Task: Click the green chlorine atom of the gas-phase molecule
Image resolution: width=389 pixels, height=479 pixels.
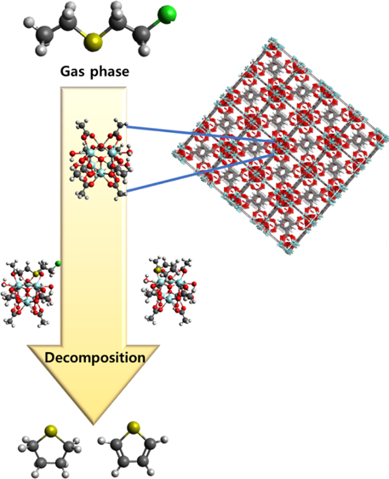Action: click(x=167, y=14)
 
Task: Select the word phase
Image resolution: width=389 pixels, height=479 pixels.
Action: click(x=110, y=72)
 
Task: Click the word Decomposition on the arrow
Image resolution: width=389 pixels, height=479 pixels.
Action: click(x=94, y=357)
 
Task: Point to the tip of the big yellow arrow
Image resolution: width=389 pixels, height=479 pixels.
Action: click(x=94, y=424)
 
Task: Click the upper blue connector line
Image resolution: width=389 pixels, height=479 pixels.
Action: click(x=200, y=134)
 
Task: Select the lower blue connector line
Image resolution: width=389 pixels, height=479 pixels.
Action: click(x=200, y=173)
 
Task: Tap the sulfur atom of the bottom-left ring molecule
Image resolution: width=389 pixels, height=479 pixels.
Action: click(x=51, y=430)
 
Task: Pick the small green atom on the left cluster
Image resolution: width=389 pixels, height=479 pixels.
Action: click(x=58, y=263)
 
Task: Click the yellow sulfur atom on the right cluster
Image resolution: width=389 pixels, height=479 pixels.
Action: click(x=158, y=270)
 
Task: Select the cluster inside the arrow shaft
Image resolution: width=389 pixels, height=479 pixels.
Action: click(x=101, y=159)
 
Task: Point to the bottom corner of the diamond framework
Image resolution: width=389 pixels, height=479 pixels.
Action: click(x=289, y=250)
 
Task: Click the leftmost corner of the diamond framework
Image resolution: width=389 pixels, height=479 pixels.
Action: click(x=176, y=153)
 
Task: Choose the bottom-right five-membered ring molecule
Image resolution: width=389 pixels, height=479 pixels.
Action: click(x=133, y=447)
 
